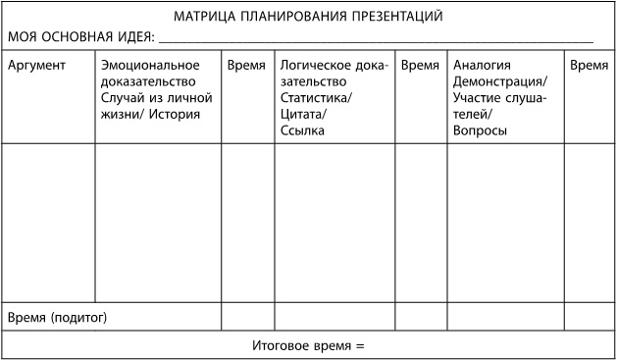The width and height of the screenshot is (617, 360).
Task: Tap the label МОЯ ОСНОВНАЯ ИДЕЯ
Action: (x=80, y=36)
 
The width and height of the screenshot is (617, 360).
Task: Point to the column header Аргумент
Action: (x=36, y=65)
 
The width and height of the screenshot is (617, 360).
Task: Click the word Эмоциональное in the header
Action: (x=150, y=65)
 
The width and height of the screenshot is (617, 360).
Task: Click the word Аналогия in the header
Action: (x=482, y=65)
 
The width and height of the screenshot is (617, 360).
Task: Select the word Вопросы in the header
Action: (x=480, y=129)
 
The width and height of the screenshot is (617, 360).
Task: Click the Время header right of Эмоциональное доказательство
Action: (x=246, y=65)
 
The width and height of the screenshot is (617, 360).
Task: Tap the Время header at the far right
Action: (x=589, y=65)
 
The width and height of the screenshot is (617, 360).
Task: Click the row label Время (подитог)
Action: (x=57, y=317)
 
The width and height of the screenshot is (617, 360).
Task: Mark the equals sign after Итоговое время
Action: (x=359, y=345)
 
